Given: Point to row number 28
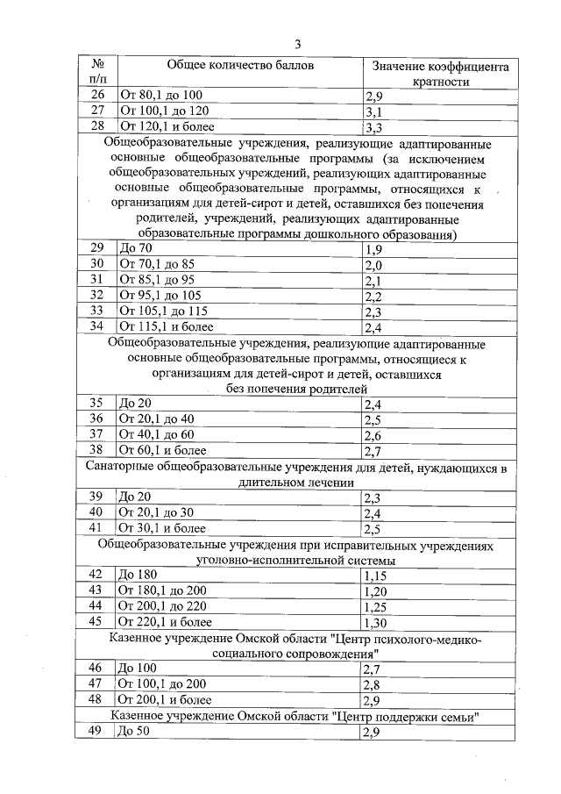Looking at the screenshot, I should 97,126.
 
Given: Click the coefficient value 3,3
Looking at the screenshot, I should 373,127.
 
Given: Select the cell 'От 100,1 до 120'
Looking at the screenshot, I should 164,111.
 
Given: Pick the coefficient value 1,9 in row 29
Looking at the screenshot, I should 373,250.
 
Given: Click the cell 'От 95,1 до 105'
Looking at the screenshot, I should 160,296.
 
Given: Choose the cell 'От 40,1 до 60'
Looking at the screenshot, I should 156,434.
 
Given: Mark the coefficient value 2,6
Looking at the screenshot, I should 373,435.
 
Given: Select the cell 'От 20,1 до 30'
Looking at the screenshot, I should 156,512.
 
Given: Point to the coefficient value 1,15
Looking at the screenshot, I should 376,575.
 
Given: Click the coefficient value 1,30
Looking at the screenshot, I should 376,622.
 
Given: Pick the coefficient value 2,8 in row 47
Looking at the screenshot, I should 373,684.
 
